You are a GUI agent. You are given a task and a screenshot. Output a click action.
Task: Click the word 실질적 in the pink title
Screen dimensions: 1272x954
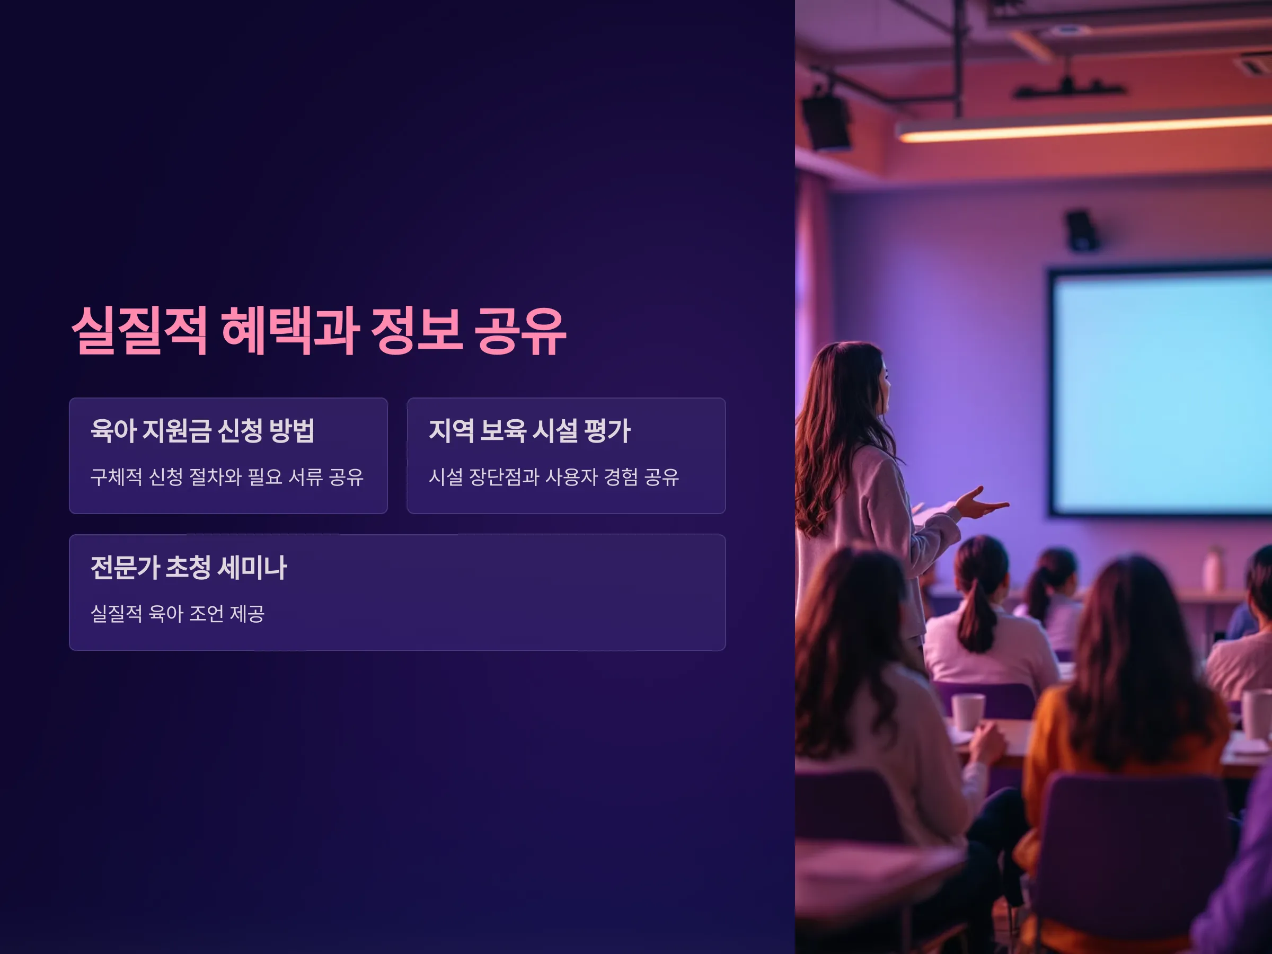(139, 331)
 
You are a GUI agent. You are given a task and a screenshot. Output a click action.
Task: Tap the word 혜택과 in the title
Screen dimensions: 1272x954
(290, 331)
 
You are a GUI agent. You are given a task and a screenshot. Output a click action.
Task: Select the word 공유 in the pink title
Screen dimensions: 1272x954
(520, 331)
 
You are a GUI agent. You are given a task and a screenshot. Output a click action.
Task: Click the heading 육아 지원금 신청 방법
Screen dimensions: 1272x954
(202, 430)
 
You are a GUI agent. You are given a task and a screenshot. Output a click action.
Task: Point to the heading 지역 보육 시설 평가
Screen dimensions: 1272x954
(529, 430)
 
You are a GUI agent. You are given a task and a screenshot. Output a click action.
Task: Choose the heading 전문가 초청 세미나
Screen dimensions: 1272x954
(189, 567)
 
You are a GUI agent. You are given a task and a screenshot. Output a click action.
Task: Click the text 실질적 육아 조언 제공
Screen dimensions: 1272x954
(178, 613)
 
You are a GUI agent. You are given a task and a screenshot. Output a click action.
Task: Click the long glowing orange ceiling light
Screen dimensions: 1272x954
(1084, 128)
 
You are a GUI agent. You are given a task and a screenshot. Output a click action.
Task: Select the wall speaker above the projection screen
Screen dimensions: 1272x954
(1081, 231)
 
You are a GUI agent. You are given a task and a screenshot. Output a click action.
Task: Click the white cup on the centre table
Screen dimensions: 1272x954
(968, 712)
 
